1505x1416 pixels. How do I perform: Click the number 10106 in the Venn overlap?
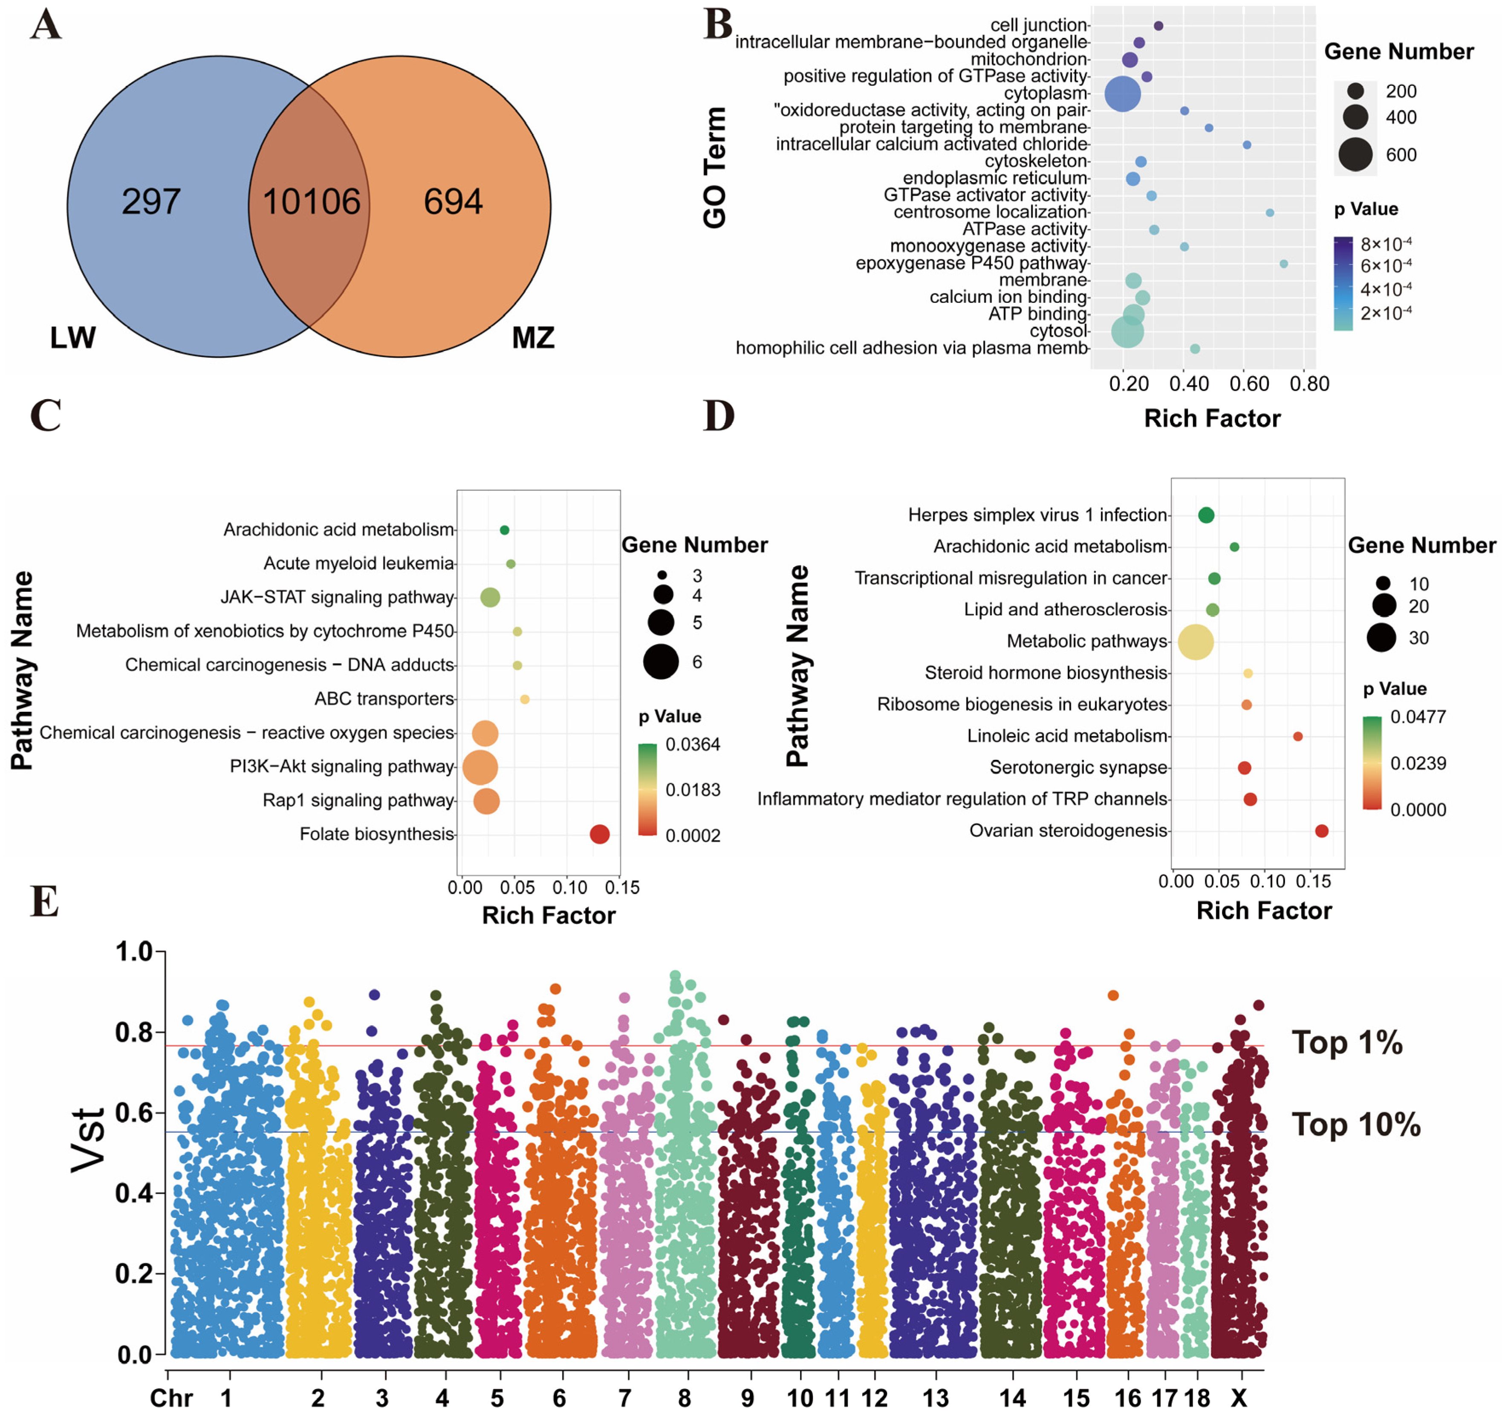click(x=311, y=202)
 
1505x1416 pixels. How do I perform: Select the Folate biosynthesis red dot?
click(x=600, y=834)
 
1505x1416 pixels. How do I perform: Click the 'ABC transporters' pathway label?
click(x=384, y=699)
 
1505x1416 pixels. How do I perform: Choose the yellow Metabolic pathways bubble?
click(x=1196, y=642)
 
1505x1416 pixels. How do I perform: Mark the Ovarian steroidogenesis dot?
click(x=1322, y=831)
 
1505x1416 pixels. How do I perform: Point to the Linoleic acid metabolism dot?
click(x=1297, y=737)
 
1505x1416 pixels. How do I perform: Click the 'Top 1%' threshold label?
click(x=1347, y=1043)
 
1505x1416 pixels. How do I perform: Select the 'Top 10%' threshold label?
click(x=1355, y=1125)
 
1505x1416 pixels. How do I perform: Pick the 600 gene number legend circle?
click(x=1355, y=155)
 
